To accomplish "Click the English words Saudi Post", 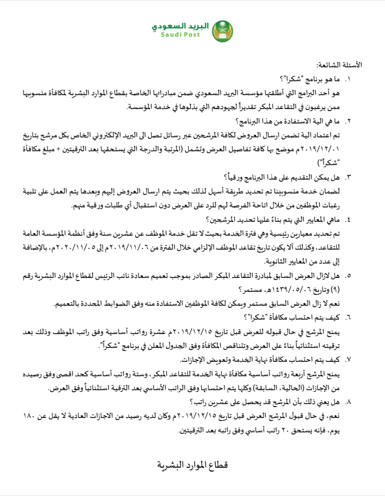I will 180,35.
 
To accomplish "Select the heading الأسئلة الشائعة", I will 339,65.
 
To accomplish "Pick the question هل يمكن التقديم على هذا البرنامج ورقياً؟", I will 282,176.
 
